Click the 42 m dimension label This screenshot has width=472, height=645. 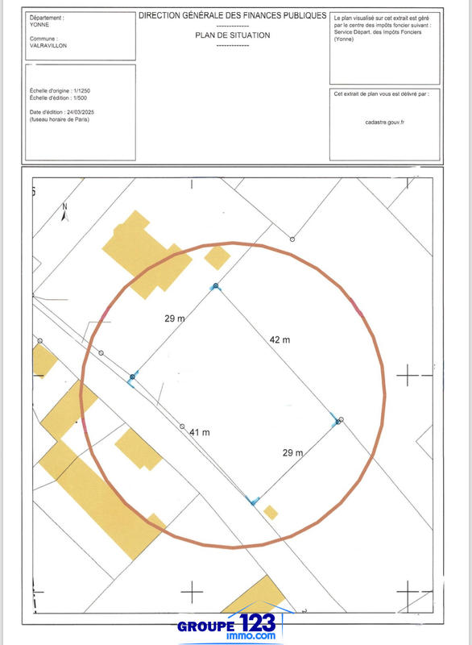[x=279, y=340]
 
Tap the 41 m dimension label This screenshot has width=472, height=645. [x=199, y=433]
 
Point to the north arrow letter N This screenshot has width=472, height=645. [x=65, y=206]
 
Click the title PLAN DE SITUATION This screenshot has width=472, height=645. [x=233, y=35]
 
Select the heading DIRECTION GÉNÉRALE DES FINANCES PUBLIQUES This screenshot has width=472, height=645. [x=233, y=15]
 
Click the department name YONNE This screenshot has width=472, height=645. [x=40, y=23]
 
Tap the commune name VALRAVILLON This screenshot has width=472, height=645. [x=49, y=46]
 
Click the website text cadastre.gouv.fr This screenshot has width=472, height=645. [x=385, y=123]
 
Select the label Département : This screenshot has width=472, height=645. [x=48, y=16]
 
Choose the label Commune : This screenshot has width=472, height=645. [x=43, y=39]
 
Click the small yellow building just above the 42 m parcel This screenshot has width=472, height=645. [x=217, y=257]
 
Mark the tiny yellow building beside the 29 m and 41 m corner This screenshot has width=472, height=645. [x=271, y=512]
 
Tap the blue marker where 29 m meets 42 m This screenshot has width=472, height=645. [x=216, y=286]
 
